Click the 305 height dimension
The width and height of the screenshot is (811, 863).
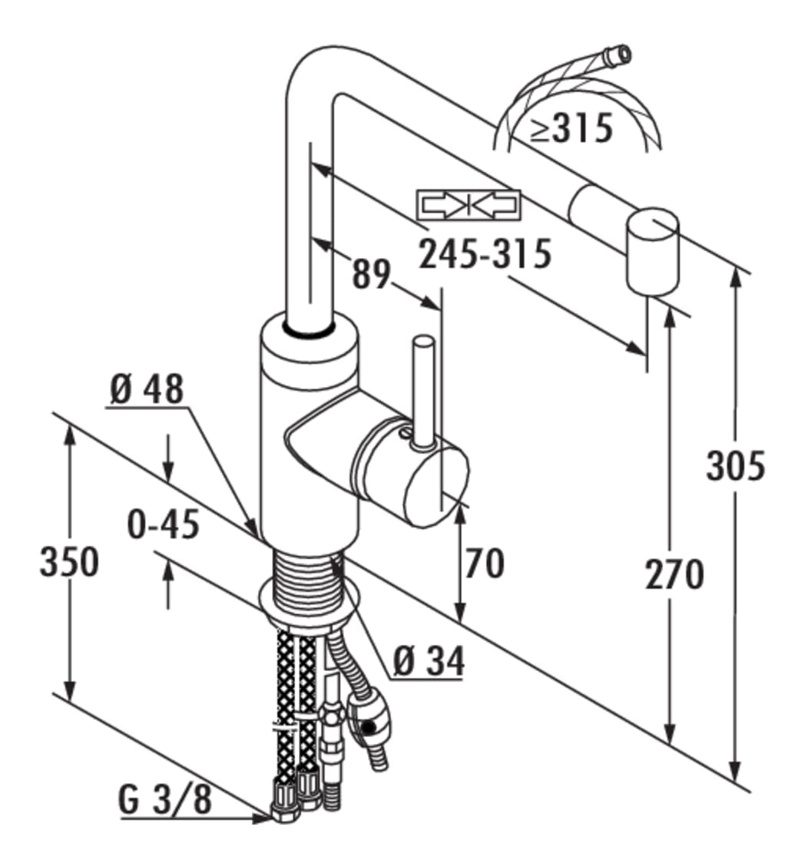(x=736, y=465)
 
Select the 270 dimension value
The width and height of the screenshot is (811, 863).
(x=674, y=574)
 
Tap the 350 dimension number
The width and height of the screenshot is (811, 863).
(x=69, y=561)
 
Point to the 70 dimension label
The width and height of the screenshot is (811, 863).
(x=485, y=563)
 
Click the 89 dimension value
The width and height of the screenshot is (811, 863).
(x=371, y=273)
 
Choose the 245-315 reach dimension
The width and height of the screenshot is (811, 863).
(x=485, y=253)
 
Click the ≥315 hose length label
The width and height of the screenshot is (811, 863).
(x=571, y=127)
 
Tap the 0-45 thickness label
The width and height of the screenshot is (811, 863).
(x=164, y=524)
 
